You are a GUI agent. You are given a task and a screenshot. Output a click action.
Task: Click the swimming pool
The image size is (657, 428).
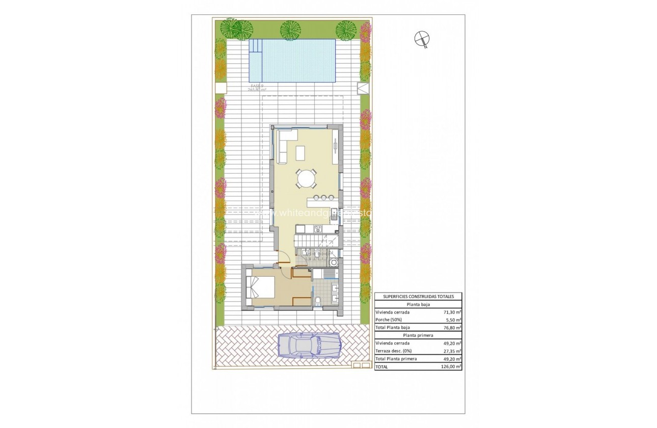(292, 61)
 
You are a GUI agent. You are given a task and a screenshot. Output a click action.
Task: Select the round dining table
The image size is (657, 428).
(307, 178)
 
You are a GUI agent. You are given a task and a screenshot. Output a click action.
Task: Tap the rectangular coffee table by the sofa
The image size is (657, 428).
(300, 152)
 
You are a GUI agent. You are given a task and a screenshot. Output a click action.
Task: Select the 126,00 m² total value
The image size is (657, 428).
(452, 366)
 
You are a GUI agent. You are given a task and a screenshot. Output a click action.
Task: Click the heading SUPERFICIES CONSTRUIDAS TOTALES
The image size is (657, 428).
(418, 296)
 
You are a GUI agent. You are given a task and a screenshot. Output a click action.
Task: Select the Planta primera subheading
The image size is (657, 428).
(418, 335)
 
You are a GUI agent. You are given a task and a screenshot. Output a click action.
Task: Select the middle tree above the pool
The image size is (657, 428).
(291, 29)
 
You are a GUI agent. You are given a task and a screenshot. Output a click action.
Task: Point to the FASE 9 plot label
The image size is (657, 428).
(257, 86)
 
